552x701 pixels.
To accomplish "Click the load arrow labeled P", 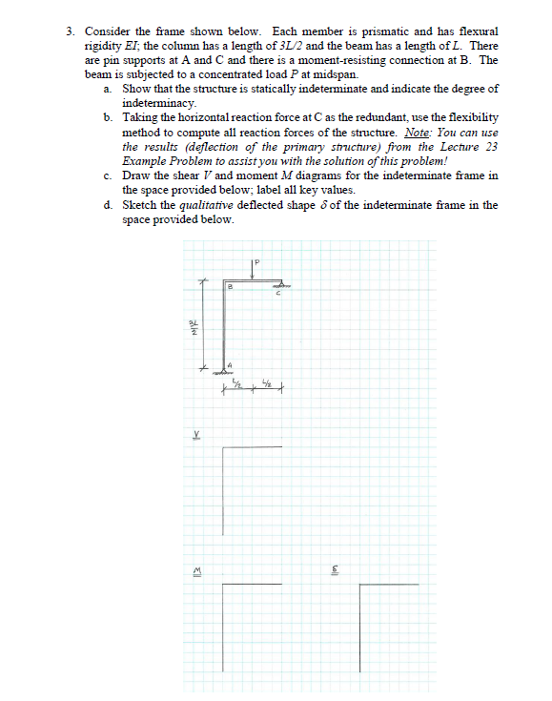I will [x=254, y=272].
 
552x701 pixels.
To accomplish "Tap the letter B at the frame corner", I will [x=231, y=286].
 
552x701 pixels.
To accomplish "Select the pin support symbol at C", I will [x=281, y=284].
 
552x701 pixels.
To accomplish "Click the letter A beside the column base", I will [x=230, y=362].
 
